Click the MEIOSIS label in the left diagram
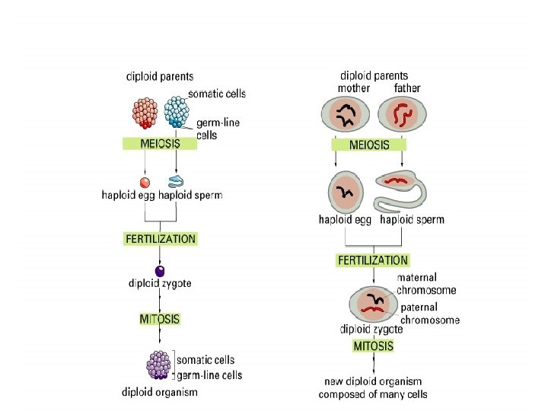point(160,144)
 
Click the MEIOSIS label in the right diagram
point(368,145)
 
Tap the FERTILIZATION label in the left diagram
point(160,238)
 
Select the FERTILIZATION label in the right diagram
point(372,260)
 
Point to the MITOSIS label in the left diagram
point(160,319)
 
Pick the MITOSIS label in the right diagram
point(374,346)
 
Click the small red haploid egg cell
point(145,182)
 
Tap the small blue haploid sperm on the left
point(176,181)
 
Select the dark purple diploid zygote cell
point(160,271)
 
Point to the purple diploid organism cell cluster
point(161,364)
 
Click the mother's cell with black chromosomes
point(348,117)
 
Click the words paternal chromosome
point(430,314)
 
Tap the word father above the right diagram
point(407,88)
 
